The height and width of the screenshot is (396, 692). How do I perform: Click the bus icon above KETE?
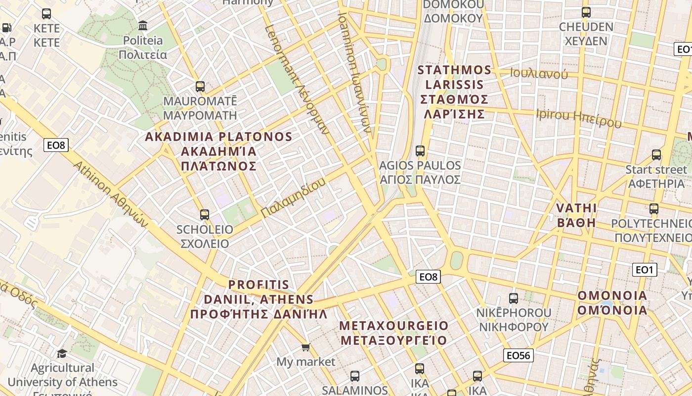tap(46, 14)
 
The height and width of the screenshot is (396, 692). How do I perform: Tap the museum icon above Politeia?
tap(143, 25)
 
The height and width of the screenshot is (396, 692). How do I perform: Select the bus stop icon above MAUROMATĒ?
tap(200, 87)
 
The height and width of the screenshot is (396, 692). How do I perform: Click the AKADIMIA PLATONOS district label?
tap(218, 151)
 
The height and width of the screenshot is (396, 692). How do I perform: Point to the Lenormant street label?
tap(297, 79)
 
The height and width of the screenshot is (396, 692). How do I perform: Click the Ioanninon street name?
tap(354, 72)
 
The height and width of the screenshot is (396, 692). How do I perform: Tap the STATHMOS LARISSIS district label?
tap(454, 92)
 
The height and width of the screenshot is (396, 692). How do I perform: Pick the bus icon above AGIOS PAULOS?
tap(420, 150)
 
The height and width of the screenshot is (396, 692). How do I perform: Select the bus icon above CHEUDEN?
tap(586, 12)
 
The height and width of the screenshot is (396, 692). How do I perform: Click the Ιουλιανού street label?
tap(539, 74)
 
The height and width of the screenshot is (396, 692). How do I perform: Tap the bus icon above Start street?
tap(656, 155)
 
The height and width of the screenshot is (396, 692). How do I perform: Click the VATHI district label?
tap(576, 215)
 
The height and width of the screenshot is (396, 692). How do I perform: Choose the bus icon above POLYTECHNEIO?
tap(654, 209)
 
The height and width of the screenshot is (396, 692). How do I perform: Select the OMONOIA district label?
tap(612, 302)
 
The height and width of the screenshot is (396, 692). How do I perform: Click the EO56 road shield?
tap(518, 355)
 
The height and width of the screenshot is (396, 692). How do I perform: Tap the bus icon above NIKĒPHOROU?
tap(514, 298)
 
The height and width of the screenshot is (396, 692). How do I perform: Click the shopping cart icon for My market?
tap(306, 347)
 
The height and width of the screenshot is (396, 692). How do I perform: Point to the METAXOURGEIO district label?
tap(394, 333)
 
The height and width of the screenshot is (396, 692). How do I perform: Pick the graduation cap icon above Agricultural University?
tap(62, 353)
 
